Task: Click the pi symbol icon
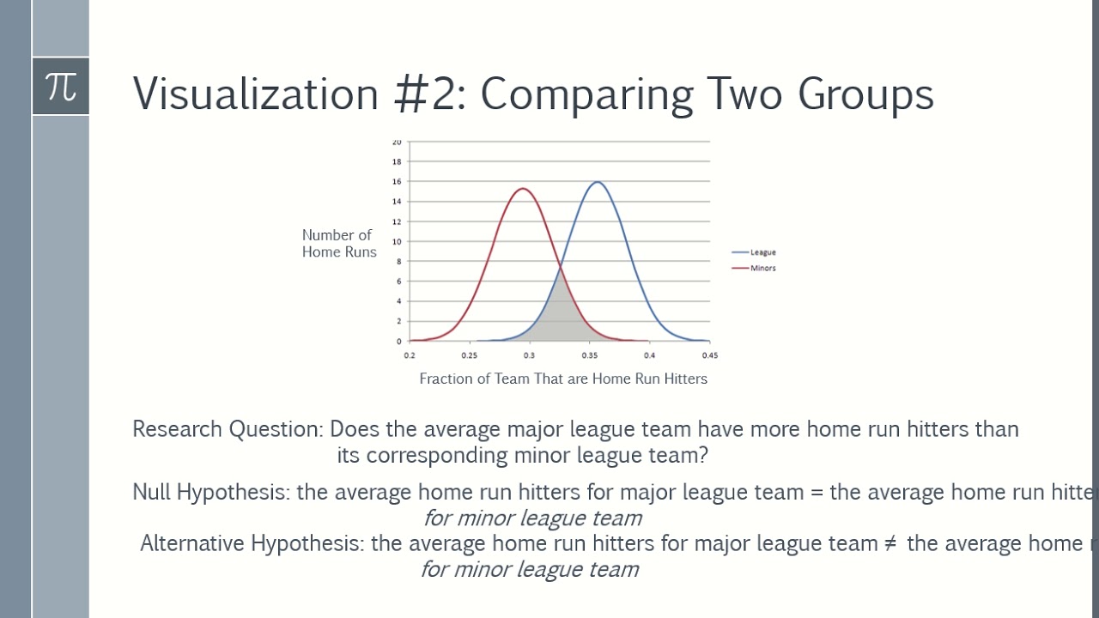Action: coord(61,86)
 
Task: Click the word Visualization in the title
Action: coord(255,94)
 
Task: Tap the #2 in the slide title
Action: coord(429,94)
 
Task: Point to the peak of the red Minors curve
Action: coord(522,189)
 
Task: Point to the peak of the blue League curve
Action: coord(597,182)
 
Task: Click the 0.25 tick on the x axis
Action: coord(470,355)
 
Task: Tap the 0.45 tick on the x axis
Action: coord(710,355)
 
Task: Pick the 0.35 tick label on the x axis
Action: coord(590,355)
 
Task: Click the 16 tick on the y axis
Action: coord(397,182)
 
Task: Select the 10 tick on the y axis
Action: coord(397,241)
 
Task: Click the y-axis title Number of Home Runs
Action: coord(338,244)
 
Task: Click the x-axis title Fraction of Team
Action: coord(563,379)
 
